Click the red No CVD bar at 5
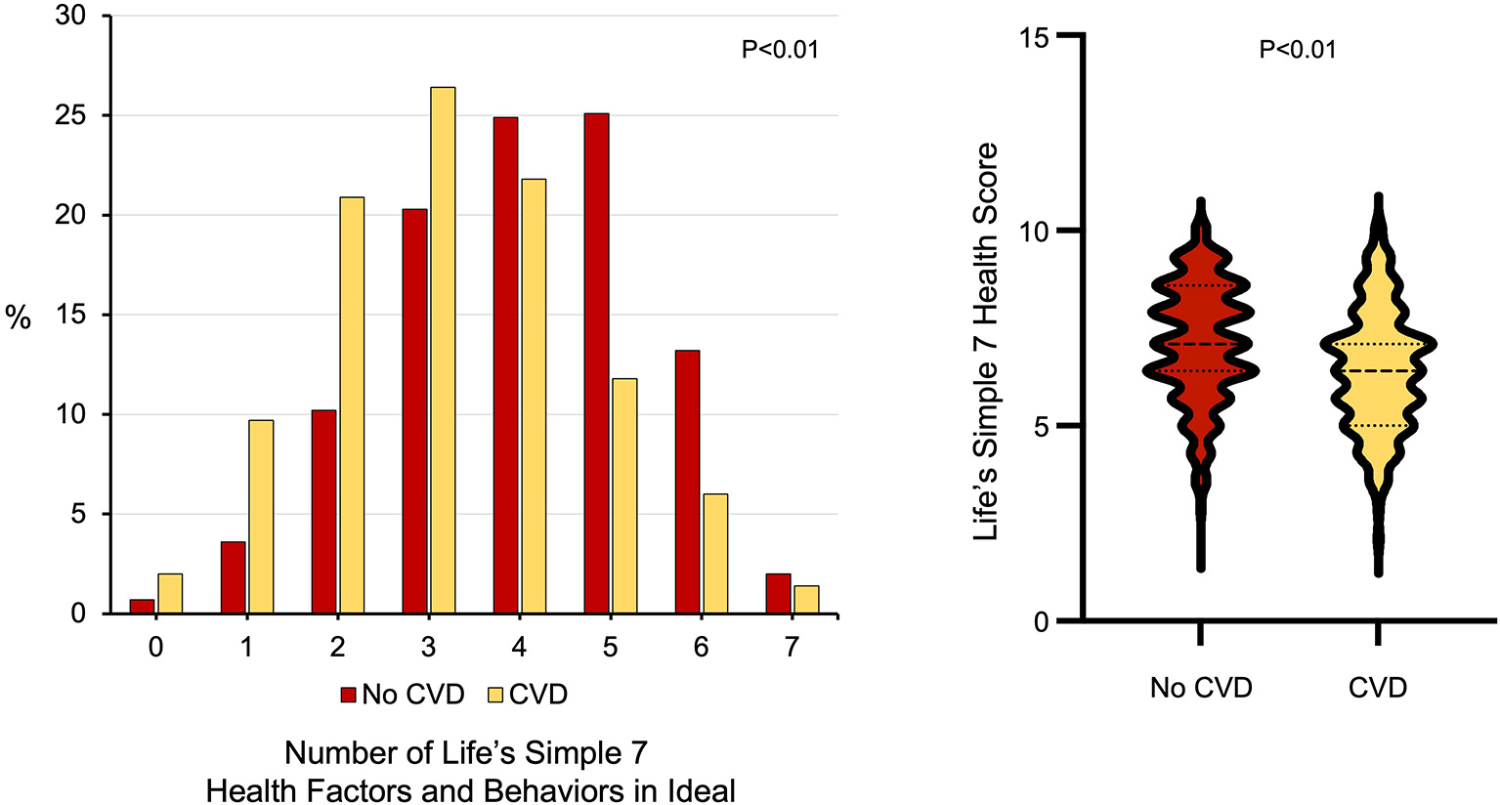[596, 363]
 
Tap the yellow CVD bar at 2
[352, 405]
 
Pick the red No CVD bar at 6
[687, 482]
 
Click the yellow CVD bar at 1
[261, 517]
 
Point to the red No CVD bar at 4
[505, 365]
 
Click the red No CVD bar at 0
[143, 607]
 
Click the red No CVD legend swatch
[349, 695]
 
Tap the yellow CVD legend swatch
[495, 695]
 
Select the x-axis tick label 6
[701, 648]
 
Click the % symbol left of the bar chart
[19, 317]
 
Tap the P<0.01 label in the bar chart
[780, 50]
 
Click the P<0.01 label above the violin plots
[1297, 49]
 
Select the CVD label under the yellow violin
[1377, 688]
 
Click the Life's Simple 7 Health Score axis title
[987, 341]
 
